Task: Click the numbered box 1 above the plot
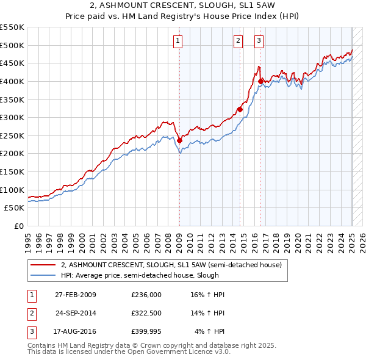click(x=178, y=41)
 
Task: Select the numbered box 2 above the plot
click(x=238, y=41)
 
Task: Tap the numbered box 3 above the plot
click(x=259, y=41)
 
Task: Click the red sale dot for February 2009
click(x=179, y=140)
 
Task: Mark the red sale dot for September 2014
click(x=240, y=109)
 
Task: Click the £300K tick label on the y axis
click(x=12, y=117)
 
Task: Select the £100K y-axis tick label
click(x=12, y=190)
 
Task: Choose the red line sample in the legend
click(x=43, y=265)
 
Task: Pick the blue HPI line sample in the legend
click(x=43, y=275)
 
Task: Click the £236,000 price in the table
click(x=146, y=295)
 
